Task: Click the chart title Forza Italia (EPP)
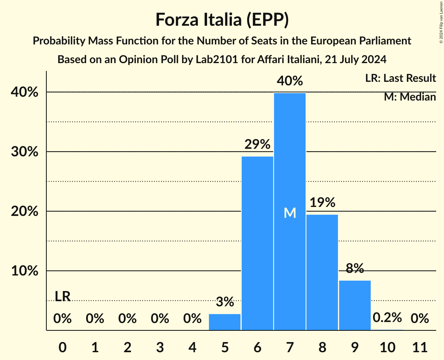click(x=222, y=19)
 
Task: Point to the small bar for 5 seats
click(x=225, y=322)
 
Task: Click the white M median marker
click(x=290, y=213)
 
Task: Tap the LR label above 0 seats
click(x=62, y=296)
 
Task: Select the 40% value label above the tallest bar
click(x=290, y=81)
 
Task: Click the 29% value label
click(x=257, y=145)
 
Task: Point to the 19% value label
click(x=322, y=203)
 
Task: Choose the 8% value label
click(x=355, y=268)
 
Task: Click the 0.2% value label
click(x=387, y=318)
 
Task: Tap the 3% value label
click(x=225, y=302)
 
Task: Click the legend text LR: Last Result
click(x=400, y=78)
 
